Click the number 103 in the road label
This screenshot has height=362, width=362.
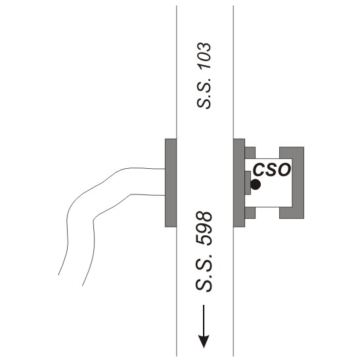point(204,56)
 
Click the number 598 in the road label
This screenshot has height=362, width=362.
point(204,229)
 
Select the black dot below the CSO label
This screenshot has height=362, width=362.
point(256,184)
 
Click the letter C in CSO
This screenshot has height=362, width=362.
point(259,170)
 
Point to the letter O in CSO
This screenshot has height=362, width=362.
point(284,170)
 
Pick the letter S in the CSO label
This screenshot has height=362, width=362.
point(271,170)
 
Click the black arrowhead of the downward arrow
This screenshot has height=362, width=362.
point(204,341)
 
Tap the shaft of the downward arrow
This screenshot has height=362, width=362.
point(204,320)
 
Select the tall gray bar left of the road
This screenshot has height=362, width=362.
point(171,183)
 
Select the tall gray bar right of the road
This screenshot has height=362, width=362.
point(239,183)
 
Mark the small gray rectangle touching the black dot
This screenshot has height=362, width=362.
point(248,183)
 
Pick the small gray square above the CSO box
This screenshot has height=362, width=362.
point(250,152)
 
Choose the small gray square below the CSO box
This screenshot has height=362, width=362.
point(250,213)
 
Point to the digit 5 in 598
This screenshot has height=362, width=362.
point(204,240)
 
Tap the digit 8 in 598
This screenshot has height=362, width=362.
point(204,217)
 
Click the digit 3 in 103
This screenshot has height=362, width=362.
point(204,47)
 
